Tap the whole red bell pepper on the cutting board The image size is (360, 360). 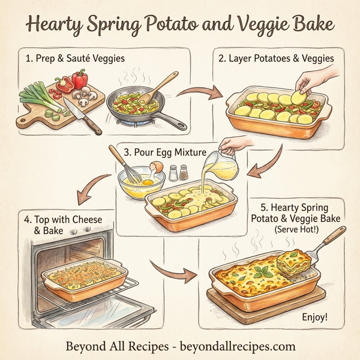(80, 79)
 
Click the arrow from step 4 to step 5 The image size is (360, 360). (176, 273)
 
